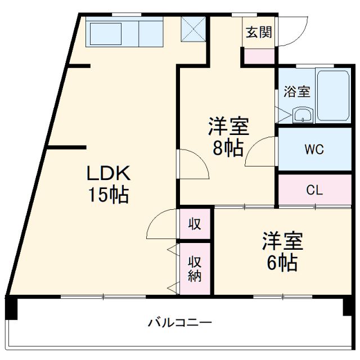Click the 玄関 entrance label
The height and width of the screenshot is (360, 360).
coord(258,32)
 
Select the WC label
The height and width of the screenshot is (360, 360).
coord(314,150)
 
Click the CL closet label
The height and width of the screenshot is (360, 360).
coord(314,190)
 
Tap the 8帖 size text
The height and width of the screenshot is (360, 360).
coord(227,147)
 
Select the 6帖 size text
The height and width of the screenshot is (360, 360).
coord(282,262)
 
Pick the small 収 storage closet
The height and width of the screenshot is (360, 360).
coord(195,224)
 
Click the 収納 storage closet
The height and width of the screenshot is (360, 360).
coord(195,268)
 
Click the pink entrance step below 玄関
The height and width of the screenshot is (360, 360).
coord(259,56)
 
